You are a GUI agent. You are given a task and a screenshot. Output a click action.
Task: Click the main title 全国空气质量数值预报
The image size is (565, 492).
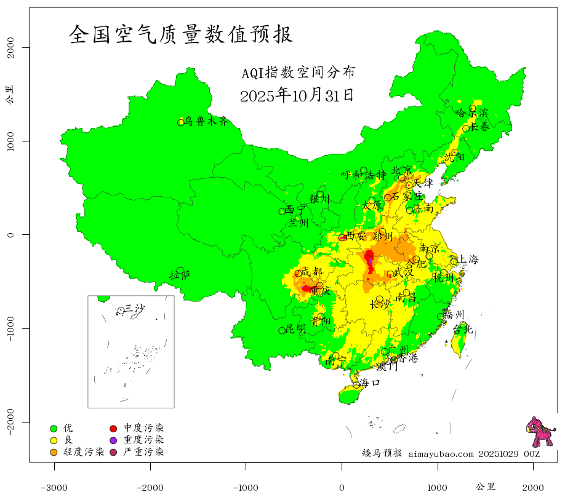(x=181, y=34)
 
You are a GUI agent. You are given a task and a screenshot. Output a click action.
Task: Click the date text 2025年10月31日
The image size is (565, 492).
(x=297, y=95)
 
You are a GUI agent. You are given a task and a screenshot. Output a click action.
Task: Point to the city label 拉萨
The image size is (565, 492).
(x=180, y=275)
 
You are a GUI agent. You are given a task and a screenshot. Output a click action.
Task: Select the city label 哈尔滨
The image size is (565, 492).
(x=471, y=113)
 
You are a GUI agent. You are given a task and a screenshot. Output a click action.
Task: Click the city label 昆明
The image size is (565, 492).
(x=295, y=329)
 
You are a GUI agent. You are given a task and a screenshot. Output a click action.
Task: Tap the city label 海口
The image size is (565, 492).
(x=370, y=383)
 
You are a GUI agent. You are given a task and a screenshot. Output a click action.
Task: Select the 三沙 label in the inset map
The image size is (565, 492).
(x=134, y=308)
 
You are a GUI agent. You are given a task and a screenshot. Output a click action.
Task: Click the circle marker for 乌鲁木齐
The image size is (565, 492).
(x=181, y=122)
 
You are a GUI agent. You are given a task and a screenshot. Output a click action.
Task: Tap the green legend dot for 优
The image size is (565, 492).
(x=54, y=428)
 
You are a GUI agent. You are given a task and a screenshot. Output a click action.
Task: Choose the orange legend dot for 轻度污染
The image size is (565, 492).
(x=54, y=452)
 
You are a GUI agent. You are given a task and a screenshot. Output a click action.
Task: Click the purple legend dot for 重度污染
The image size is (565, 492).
(x=113, y=440)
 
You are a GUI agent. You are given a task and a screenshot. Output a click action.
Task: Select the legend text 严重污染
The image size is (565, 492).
(x=143, y=452)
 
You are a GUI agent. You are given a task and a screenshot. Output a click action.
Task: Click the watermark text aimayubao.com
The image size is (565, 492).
(x=441, y=454)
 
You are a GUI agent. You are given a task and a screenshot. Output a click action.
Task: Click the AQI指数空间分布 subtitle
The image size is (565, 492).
(x=298, y=73)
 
